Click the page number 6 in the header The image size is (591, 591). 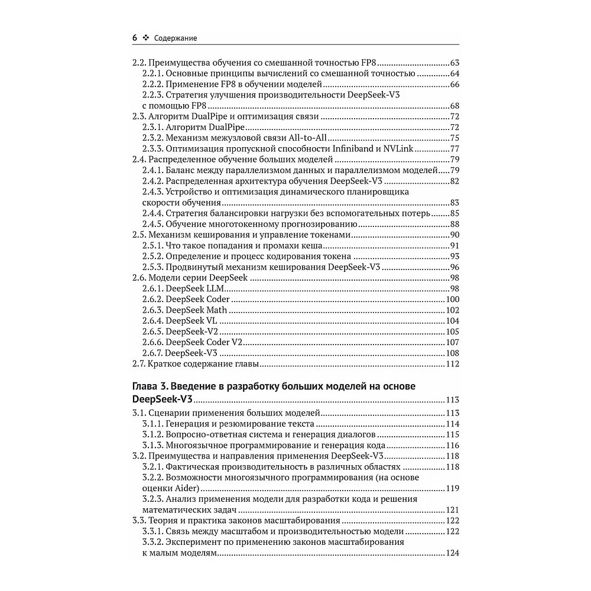pyautogui.click(x=135, y=38)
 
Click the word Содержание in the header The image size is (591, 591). pyautogui.click(x=175, y=38)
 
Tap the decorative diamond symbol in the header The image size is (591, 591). pyautogui.click(x=145, y=38)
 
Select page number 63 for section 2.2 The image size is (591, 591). pyautogui.click(x=454, y=63)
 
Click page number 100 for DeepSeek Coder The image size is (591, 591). pyautogui.click(x=452, y=300)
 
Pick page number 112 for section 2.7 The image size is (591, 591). pyautogui.click(x=452, y=363)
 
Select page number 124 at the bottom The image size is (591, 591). pyautogui.click(x=452, y=553)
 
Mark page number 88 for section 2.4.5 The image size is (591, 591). pyautogui.click(x=454, y=225)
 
